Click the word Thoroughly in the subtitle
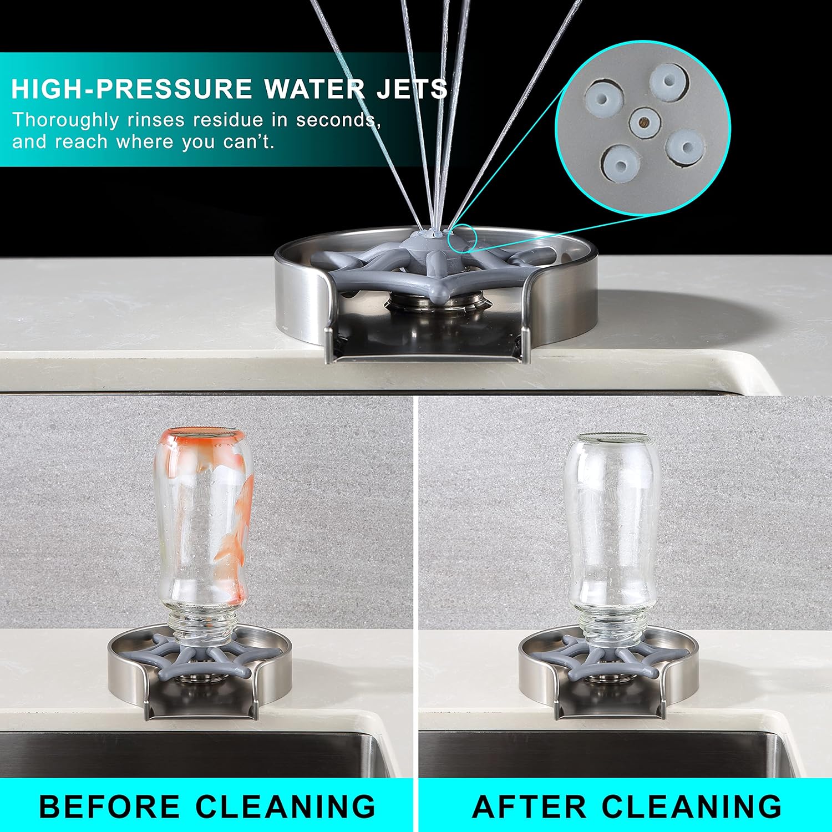click(x=65, y=120)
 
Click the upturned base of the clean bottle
click(x=611, y=438)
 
